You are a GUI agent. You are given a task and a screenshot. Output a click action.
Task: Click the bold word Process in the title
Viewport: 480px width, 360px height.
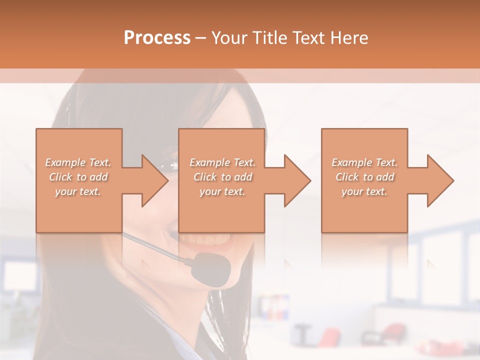point(157,38)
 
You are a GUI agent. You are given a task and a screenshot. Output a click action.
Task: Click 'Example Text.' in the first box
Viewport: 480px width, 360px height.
point(78,162)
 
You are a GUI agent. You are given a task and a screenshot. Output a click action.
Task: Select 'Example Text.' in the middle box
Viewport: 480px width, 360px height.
point(222,162)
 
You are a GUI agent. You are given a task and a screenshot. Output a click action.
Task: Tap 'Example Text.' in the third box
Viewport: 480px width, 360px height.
point(364,162)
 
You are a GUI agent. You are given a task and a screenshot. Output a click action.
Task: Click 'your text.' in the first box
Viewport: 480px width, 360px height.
point(78,191)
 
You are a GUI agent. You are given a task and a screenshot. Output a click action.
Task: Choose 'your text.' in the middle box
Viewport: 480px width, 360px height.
point(222,191)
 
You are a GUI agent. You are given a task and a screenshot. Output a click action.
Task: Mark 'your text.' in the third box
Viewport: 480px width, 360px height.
point(364,191)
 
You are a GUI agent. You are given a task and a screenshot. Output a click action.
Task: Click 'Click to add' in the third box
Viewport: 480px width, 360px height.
point(364,177)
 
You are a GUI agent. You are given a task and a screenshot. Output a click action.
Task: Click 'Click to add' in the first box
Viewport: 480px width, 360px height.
point(78,177)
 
